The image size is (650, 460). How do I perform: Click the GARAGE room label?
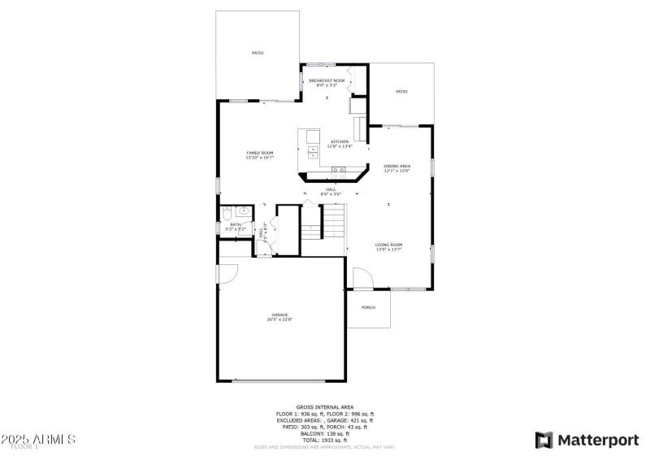[279, 316]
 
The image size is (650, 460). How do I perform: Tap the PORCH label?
[368, 307]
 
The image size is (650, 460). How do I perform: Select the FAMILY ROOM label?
[260, 154]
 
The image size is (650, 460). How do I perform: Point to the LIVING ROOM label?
[389, 246]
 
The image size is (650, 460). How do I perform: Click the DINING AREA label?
[396, 167]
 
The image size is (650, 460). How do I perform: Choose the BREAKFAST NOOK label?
[327, 82]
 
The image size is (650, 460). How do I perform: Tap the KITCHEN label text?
[339, 144]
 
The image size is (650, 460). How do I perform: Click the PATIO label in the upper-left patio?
[257, 53]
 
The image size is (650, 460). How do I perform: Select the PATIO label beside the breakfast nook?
[401, 92]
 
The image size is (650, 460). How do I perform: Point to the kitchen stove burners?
[339, 171]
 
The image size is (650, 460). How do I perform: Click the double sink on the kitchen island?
[313, 153]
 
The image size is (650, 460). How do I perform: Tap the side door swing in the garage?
[227, 272]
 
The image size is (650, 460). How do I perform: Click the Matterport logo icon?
[544, 440]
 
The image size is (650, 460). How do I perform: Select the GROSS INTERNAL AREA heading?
[324, 406]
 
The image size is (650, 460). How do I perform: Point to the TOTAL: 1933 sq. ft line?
[324, 440]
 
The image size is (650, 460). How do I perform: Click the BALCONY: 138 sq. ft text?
[324, 433]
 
